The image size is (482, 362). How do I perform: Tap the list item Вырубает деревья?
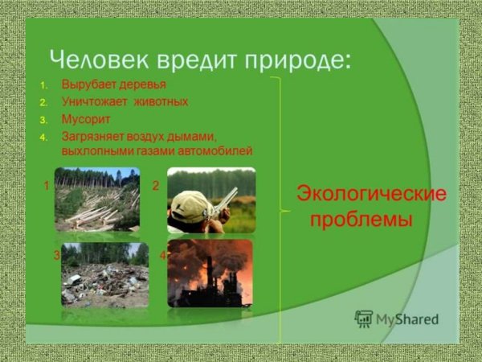click(114, 84)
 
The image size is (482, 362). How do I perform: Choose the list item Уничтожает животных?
click(125, 101)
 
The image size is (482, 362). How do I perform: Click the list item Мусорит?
click(86, 119)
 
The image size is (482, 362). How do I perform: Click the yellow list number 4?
click(43, 137)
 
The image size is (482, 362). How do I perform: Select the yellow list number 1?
click(43, 85)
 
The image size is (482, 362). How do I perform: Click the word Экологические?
click(371, 194)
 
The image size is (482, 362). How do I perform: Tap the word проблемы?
click(361, 220)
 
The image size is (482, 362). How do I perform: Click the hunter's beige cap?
click(190, 207)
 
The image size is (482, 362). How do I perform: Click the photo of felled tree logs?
click(97, 200)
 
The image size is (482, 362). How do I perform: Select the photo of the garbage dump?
click(104, 275)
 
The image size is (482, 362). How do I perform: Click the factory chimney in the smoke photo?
click(210, 271)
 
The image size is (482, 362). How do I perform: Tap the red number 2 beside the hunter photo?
click(156, 186)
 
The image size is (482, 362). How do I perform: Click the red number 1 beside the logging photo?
click(47, 186)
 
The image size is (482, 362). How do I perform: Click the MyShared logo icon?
click(364, 319)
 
